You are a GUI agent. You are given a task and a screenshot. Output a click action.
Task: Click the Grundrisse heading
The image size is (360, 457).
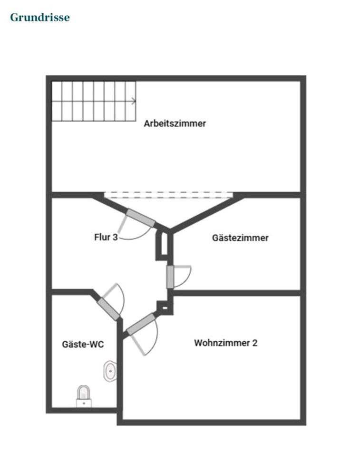(x=40, y=18)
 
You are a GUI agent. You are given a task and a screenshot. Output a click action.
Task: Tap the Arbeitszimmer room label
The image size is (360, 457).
(x=175, y=123)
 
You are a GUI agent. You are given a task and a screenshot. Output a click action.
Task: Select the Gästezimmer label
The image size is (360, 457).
(x=240, y=238)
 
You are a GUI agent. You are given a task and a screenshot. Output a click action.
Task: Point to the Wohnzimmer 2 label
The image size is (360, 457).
(x=225, y=343)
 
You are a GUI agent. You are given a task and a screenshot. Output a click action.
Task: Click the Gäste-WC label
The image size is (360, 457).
(x=83, y=344)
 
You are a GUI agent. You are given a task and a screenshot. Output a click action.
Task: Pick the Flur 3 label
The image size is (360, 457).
(x=106, y=237)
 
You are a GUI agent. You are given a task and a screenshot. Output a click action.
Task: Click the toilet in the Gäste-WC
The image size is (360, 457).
(x=84, y=396)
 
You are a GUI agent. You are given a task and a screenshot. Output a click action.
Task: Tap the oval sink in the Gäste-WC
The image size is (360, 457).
(x=110, y=371)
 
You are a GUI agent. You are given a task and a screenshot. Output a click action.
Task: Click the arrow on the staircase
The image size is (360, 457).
(x=134, y=101)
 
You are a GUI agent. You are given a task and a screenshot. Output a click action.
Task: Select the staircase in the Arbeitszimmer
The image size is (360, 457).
(x=94, y=101)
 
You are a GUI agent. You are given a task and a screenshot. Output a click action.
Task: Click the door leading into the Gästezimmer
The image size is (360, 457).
(x=170, y=277)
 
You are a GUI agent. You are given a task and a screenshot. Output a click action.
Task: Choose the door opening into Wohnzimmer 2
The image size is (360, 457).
(x=141, y=324)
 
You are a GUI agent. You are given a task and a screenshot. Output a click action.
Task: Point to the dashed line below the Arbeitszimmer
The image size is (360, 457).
(x=169, y=194)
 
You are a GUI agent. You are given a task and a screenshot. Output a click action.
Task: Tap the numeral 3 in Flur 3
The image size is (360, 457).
(x=115, y=237)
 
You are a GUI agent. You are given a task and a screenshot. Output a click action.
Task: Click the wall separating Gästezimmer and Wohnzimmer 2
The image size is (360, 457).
(x=238, y=293)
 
